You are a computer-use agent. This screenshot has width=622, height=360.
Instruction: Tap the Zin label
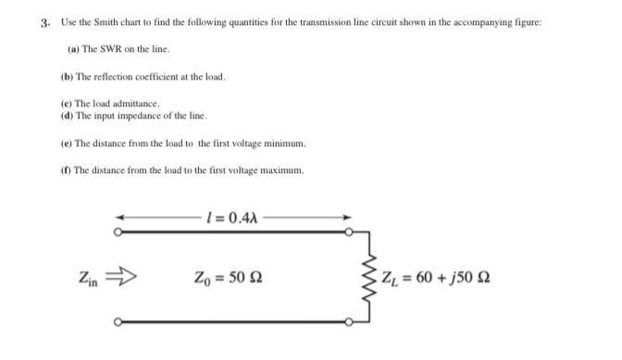89,278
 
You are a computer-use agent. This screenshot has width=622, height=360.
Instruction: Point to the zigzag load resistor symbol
364,275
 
